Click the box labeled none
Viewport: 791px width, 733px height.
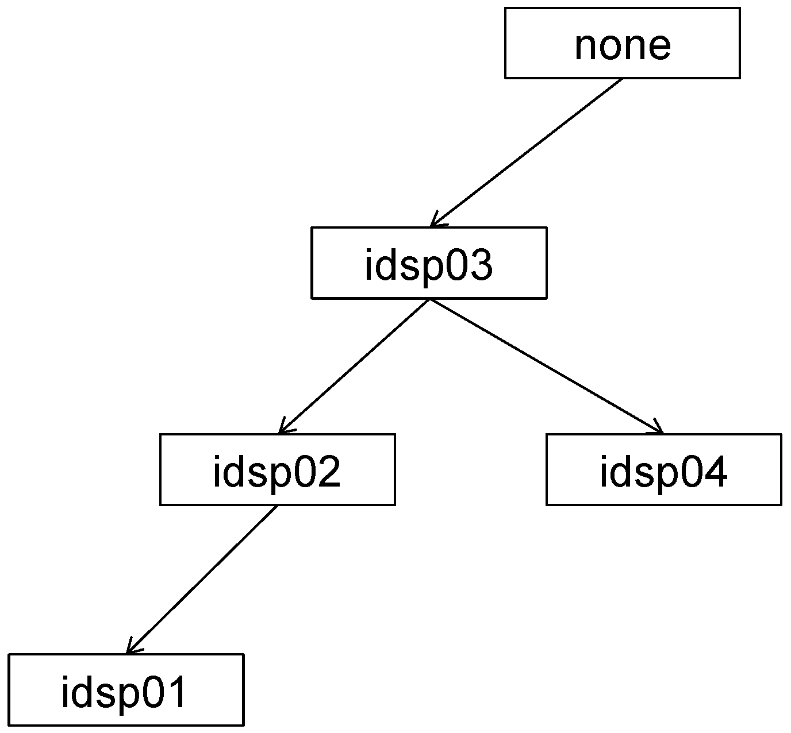tap(622, 43)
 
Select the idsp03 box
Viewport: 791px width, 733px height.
tap(429, 263)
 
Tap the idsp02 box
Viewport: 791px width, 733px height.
tap(277, 469)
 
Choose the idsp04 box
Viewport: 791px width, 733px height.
tap(663, 469)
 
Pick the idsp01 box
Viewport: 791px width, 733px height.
tap(126, 689)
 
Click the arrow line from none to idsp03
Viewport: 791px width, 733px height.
tap(526, 152)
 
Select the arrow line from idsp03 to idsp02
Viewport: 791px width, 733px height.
tap(354, 366)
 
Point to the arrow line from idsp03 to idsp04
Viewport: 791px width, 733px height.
tap(546, 366)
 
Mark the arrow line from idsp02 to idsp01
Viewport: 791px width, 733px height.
tap(201, 579)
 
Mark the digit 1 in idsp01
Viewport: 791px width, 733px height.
tap(175, 692)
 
